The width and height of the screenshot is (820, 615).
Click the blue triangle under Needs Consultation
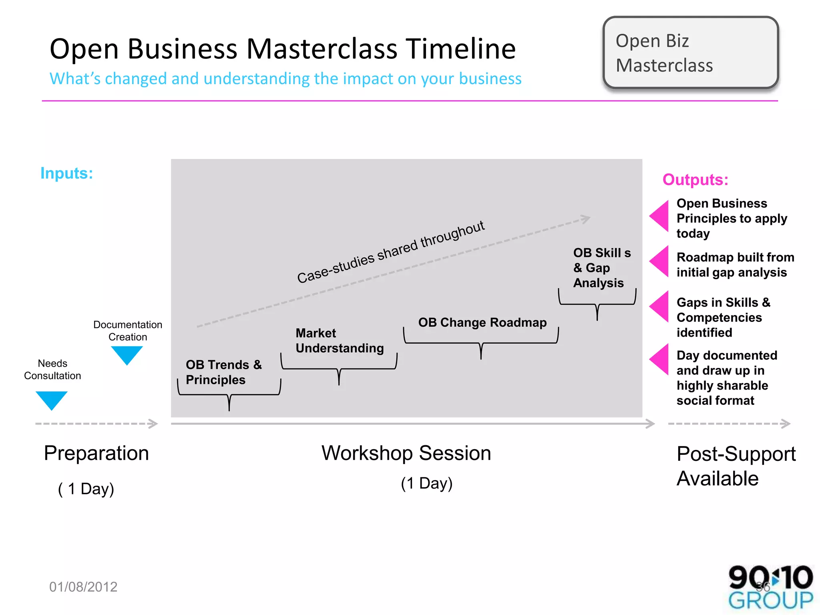click(51, 400)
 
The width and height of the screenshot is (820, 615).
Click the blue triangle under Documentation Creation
click(127, 354)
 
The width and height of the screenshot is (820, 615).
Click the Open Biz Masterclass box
click(690, 52)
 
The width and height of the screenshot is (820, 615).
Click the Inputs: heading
click(67, 173)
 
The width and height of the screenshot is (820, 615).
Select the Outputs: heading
click(695, 180)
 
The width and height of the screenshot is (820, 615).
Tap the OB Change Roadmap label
click(482, 322)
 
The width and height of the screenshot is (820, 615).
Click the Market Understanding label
click(340, 340)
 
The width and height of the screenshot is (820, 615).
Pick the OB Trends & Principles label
click(223, 372)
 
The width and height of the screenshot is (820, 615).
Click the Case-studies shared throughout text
click(391, 252)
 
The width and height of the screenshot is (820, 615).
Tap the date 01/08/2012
click(83, 587)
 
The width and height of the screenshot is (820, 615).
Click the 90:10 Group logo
click(770, 587)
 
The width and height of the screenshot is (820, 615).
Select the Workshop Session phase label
click(406, 453)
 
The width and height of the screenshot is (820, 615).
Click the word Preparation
click(96, 453)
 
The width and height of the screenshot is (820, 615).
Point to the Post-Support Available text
click(736, 466)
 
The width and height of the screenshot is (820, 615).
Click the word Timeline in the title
click(461, 49)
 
